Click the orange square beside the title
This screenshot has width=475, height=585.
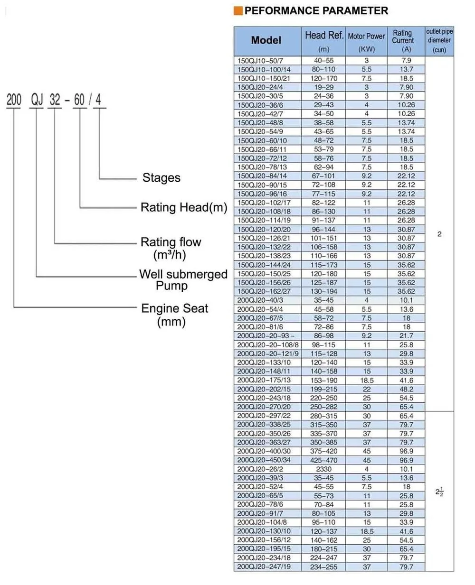[238, 11]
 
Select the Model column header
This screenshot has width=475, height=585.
[266, 41]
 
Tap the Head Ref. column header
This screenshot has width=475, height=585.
[324, 36]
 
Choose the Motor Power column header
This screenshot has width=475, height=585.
[366, 37]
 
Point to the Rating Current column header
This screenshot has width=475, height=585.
[402, 37]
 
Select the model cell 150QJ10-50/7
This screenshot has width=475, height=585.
[260, 61]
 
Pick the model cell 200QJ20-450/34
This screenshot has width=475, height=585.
[264, 460]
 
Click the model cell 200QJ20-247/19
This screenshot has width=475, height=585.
[264, 567]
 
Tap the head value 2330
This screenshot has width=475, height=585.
[324, 469]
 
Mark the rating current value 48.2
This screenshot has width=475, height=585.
[406, 390]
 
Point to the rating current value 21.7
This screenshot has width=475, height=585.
[406, 336]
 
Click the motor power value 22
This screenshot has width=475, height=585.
[367, 390]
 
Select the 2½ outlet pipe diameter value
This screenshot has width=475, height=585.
[439, 492]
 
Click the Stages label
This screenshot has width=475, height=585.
[161, 178]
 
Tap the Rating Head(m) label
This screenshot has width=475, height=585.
[184, 207]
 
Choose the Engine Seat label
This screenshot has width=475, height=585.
[174, 308]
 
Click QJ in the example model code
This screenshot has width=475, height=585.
[37, 100]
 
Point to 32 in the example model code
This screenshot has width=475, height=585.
[55, 100]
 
